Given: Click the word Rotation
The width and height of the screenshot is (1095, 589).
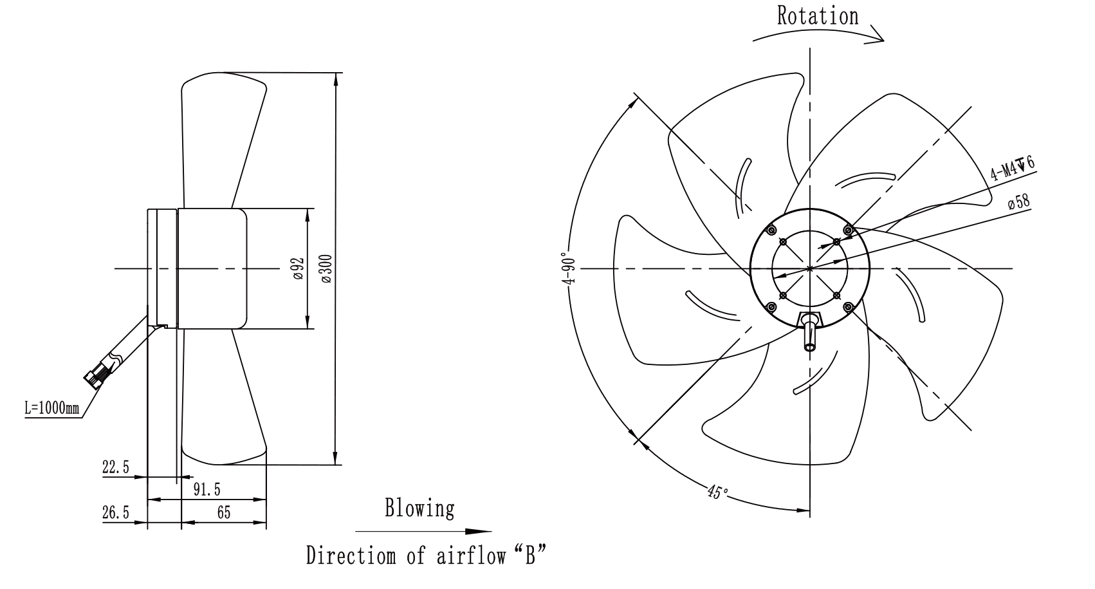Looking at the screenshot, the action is [817, 16].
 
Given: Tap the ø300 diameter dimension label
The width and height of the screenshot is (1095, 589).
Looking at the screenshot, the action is [327, 268].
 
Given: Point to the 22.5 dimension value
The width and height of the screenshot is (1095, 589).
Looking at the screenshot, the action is [115, 467].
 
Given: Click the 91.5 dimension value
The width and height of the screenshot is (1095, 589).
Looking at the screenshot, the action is [207, 489].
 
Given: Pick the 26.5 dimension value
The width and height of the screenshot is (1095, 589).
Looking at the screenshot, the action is [115, 512].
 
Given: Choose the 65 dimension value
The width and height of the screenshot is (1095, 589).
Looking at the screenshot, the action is [224, 512].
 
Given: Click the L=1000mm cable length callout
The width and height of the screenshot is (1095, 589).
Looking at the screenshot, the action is [52, 407].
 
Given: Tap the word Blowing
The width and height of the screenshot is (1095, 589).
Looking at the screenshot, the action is [419, 509].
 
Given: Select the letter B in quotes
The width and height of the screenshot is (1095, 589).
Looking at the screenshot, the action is [530, 556].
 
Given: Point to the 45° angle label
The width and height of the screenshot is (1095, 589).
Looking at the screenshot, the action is [717, 492].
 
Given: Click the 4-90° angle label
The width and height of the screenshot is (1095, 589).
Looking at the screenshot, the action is [569, 268].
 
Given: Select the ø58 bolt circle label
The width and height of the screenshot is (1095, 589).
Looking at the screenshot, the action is [1018, 201].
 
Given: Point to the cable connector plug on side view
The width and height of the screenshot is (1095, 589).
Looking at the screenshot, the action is [95, 377].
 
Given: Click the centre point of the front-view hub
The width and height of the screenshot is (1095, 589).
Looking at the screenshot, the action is [810, 268].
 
